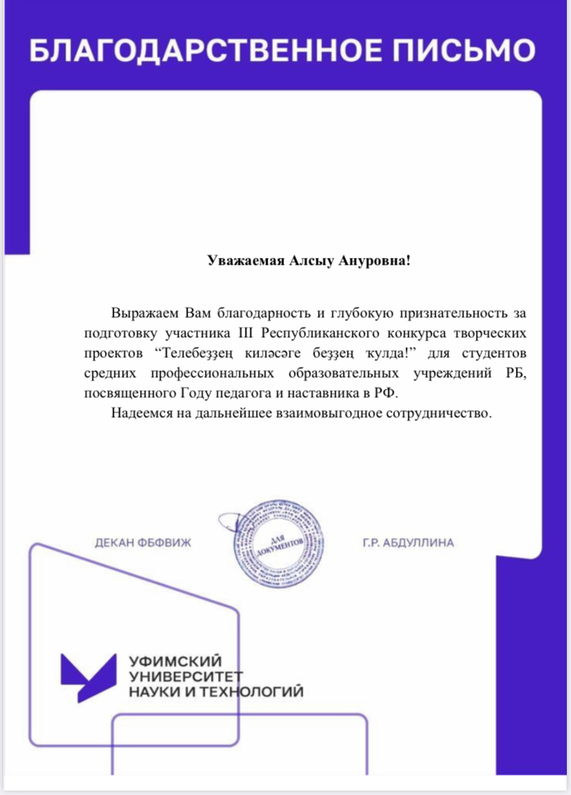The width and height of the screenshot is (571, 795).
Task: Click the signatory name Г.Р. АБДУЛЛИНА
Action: tap(408, 543)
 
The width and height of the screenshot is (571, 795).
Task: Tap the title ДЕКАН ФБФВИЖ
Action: tap(142, 543)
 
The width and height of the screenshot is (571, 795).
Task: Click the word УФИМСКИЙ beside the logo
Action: tap(176, 661)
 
